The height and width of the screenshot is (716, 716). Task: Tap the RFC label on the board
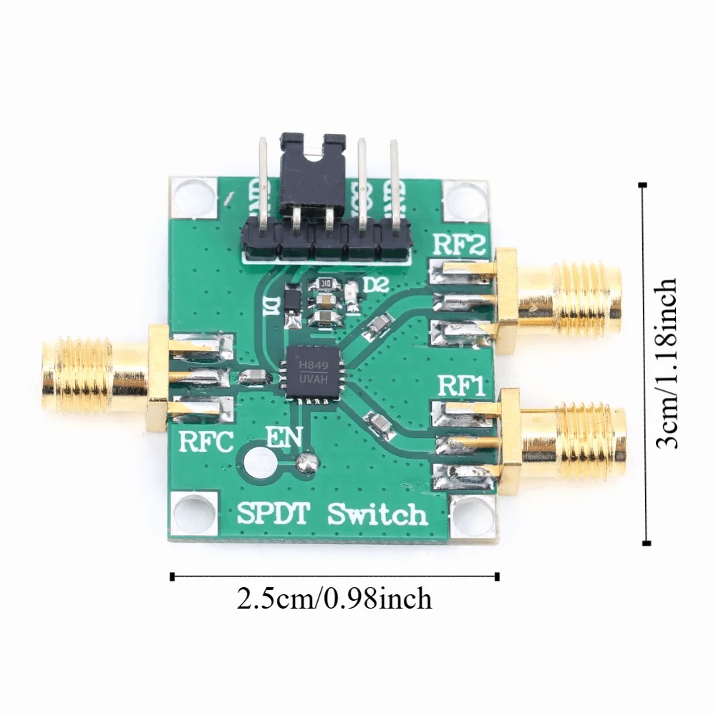pyautogui.click(x=205, y=442)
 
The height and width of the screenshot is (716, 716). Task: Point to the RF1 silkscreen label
pyautogui.click(x=461, y=387)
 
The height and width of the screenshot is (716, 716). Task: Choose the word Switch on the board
pyautogui.click(x=377, y=514)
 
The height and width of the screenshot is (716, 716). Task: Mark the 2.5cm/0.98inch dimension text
pyautogui.click(x=334, y=598)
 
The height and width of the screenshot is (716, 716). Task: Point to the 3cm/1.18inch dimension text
pyautogui.click(x=667, y=363)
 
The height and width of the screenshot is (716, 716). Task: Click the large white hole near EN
pyautogui.click(x=261, y=463)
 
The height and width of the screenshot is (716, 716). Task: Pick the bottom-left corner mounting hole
pyautogui.click(x=192, y=515)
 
